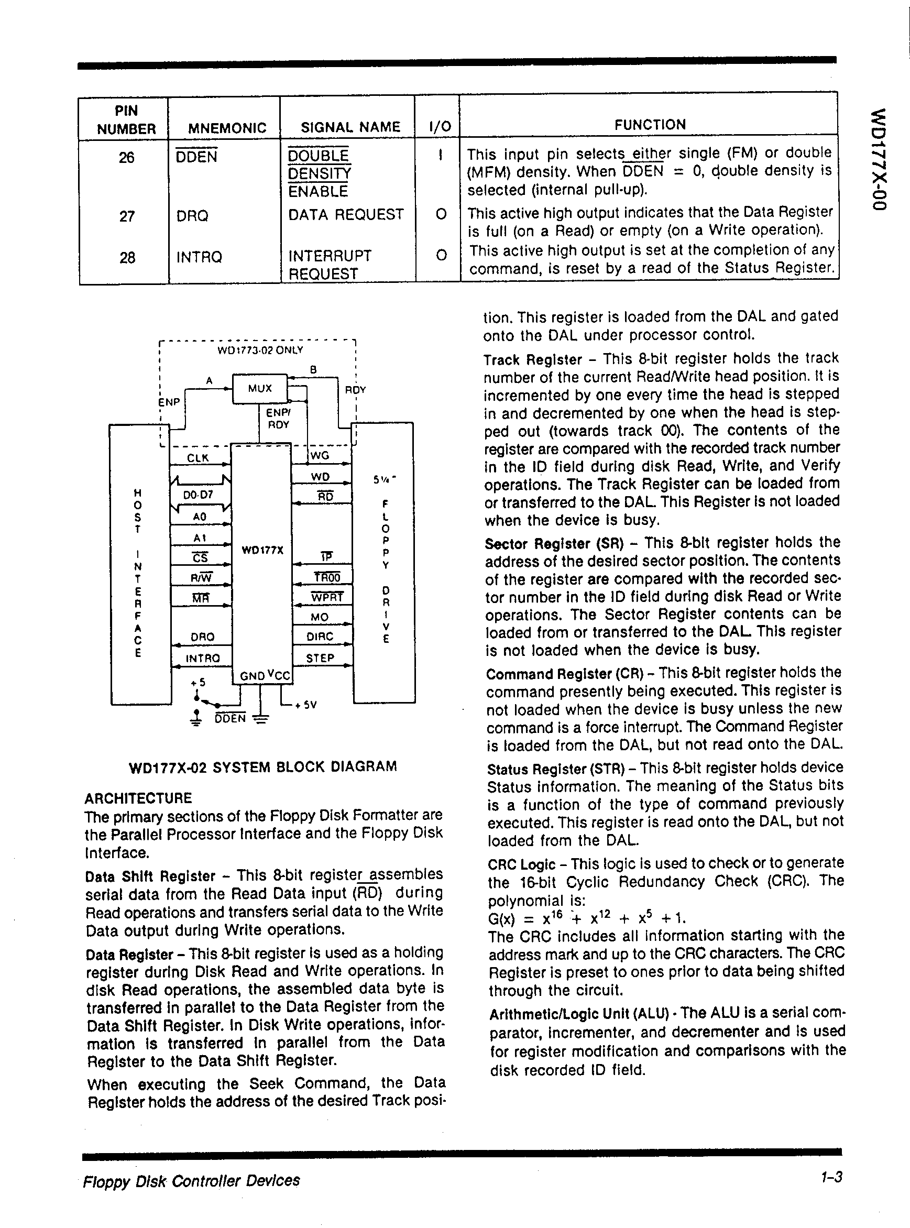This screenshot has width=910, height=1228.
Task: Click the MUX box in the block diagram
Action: pyautogui.click(x=259, y=388)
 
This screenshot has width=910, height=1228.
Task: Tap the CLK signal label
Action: pyautogui.click(x=197, y=458)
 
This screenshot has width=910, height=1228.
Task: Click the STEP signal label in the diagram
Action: pyautogui.click(x=320, y=659)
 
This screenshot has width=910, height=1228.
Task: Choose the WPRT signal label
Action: pyautogui.click(x=327, y=597)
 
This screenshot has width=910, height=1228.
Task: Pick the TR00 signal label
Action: pyautogui.click(x=327, y=577)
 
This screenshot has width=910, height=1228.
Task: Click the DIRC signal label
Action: pyautogui.click(x=320, y=637)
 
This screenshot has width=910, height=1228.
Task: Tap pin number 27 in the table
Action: pyautogui.click(x=127, y=216)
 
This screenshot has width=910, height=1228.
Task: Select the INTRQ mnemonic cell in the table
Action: pyautogui.click(x=199, y=257)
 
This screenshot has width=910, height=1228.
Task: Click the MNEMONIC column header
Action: pyautogui.click(x=227, y=128)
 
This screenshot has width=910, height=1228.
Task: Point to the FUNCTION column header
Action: pyautogui.click(x=650, y=125)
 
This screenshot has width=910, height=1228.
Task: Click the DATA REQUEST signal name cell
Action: pyautogui.click(x=346, y=214)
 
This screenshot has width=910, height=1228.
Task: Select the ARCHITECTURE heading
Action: pyautogui.click(x=138, y=798)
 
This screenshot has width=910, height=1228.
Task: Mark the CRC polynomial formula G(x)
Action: pyautogui.click(x=587, y=918)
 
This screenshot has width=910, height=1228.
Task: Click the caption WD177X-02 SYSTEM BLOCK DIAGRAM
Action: pyautogui.click(x=263, y=767)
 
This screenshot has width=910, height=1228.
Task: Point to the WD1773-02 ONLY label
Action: pyautogui.click(x=260, y=350)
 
